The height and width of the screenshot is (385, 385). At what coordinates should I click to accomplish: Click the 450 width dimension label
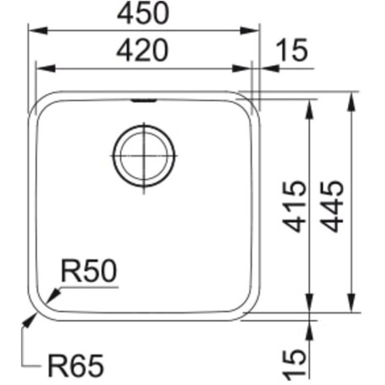143,13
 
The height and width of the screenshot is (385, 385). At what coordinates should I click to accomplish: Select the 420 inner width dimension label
142,51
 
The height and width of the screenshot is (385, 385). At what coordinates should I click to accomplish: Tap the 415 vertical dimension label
294,206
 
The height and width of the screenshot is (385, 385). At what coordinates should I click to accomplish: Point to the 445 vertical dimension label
332,206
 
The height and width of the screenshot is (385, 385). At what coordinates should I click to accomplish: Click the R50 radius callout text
89,270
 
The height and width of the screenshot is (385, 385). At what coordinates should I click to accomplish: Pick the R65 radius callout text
76,366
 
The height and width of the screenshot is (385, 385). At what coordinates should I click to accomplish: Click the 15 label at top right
292,50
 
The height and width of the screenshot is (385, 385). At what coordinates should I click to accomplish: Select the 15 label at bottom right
294,366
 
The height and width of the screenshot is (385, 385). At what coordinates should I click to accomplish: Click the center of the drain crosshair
144,155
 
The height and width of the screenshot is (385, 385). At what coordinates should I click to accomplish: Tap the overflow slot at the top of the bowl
144,100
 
